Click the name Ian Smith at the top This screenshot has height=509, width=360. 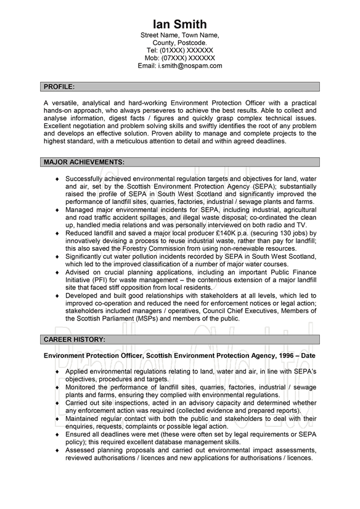tap(180, 24)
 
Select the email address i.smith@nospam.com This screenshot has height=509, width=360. tap(180, 65)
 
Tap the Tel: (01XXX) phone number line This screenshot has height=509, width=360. tap(180, 50)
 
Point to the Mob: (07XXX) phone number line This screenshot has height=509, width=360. tap(180, 57)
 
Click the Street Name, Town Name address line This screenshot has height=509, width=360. tap(180, 35)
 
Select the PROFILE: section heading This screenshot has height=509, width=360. tap(59, 86)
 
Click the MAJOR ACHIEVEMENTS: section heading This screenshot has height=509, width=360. tap(84, 162)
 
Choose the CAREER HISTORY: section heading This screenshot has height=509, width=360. tap(74, 339)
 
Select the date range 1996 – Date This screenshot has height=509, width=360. tap(293, 356)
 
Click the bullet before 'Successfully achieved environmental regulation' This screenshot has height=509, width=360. tap(57, 179)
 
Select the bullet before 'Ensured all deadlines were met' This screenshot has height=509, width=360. tap(57, 434)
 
